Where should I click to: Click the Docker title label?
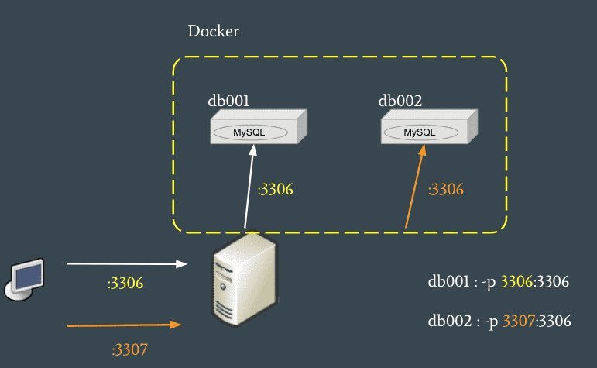213,32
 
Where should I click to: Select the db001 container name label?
229,101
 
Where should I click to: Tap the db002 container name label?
400,101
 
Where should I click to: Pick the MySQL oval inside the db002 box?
419,132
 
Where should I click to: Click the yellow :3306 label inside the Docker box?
276,189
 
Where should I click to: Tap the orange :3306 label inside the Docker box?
446,189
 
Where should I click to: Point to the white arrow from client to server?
128,264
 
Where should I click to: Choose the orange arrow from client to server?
124,325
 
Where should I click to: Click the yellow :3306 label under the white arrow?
125,284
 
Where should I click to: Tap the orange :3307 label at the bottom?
129,349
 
